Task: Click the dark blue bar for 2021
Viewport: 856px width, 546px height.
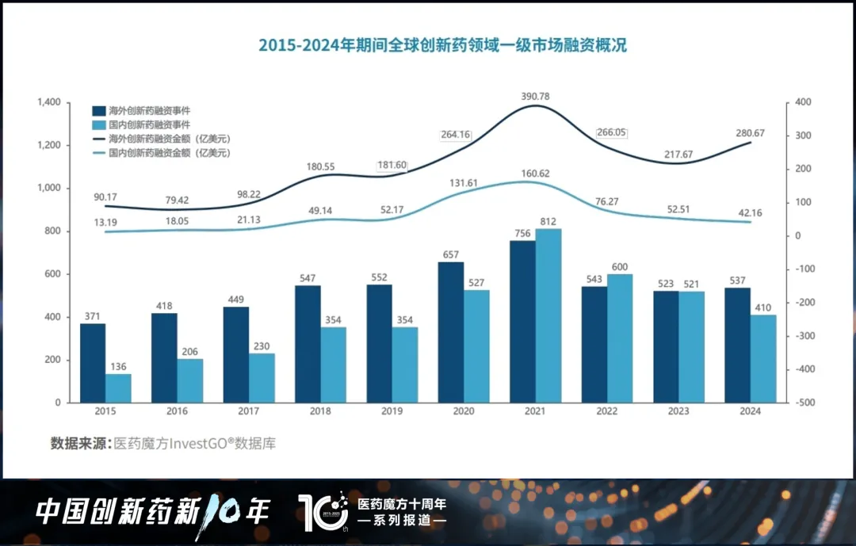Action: (x=522, y=321)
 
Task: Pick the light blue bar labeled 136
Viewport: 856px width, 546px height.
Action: (x=118, y=388)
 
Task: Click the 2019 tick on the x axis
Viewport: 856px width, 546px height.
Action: (x=392, y=411)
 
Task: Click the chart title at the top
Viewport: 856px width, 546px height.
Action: (x=442, y=45)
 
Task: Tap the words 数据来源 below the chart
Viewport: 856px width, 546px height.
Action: (x=78, y=444)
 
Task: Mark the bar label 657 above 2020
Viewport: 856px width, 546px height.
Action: (x=451, y=254)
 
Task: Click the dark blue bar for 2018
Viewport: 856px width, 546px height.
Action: (x=308, y=343)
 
